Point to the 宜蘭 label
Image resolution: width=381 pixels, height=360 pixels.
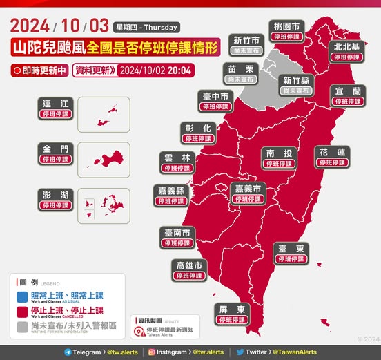[347, 95]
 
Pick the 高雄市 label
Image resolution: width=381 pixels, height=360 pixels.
[188, 270]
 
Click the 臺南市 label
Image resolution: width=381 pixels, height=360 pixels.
[177, 236]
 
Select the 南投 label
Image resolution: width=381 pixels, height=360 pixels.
[279, 157]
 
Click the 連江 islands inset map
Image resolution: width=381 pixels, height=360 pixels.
[104, 114]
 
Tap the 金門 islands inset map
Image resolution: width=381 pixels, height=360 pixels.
[104, 160]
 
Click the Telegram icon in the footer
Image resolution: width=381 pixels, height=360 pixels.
[67, 352]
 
